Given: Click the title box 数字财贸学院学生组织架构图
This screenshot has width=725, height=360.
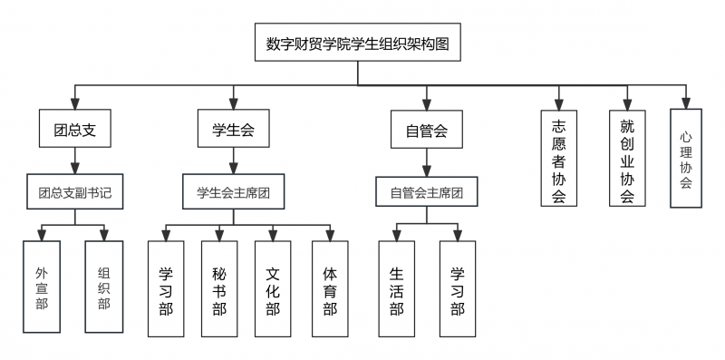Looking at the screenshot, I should [x=358, y=43].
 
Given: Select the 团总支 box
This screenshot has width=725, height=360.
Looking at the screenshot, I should [x=75, y=131].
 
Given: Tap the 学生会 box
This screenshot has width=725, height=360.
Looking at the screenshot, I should [x=233, y=131].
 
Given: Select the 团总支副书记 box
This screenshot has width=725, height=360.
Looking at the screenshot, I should [x=75, y=192].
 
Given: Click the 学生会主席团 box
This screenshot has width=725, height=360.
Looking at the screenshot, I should [x=233, y=192].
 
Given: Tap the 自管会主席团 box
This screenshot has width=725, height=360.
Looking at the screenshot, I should [x=426, y=192].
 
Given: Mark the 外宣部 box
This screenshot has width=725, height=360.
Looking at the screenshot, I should [x=42, y=288].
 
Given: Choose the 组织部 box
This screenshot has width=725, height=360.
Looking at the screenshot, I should [x=103, y=288].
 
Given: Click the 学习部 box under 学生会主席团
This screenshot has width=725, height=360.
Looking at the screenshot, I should [x=166, y=288].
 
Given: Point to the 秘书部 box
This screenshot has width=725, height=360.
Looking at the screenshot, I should [x=218, y=288].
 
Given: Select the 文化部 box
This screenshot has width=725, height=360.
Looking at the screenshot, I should [x=273, y=288].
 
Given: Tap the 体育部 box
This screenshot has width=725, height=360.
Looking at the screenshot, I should [x=330, y=288].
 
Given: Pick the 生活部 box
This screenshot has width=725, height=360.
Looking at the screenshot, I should [x=396, y=288].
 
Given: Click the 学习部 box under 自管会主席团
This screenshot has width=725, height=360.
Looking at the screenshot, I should [x=457, y=288].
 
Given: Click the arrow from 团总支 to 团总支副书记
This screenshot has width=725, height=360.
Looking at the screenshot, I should [x=75, y=161].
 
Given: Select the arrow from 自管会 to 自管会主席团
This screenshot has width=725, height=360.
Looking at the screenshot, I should [x=426, y=162].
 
